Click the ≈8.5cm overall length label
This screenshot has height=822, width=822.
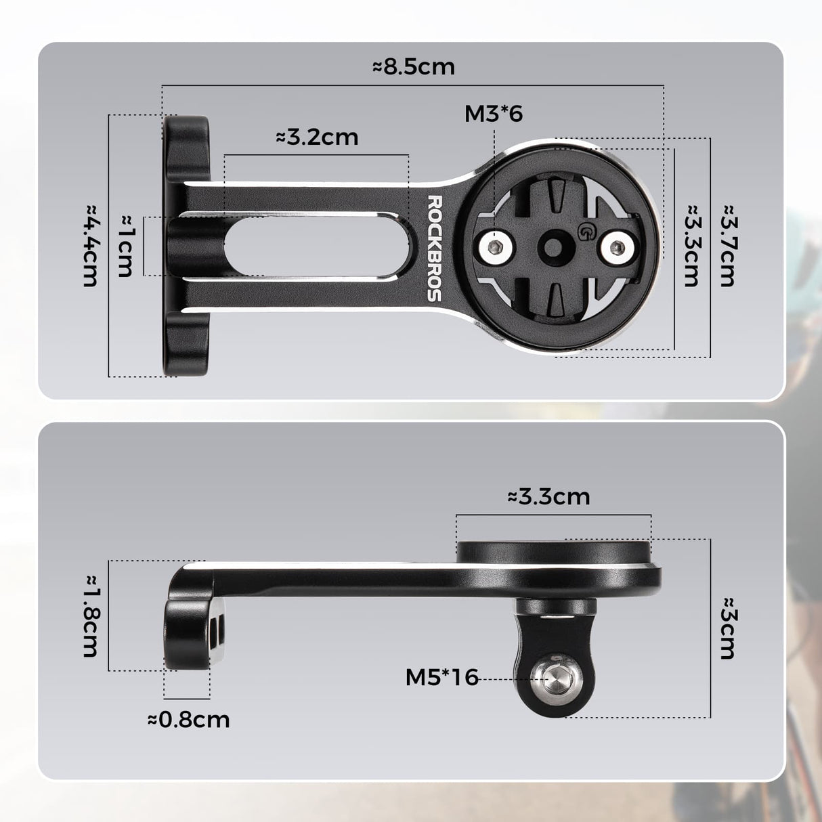tap(413, 66)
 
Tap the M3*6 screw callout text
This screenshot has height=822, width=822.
tap(493, 114)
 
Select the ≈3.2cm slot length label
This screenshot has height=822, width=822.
tap(317, 137)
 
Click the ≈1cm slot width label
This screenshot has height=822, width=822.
tap(125, 246)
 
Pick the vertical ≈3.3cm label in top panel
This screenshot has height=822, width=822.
tap(691, 244)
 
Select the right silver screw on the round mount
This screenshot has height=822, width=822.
tap(616, 247)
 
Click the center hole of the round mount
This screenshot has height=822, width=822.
tap(556, 247)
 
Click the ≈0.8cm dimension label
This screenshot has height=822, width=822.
tap(188, 719)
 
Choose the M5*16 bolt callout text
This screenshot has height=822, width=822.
tap(441, 676)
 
